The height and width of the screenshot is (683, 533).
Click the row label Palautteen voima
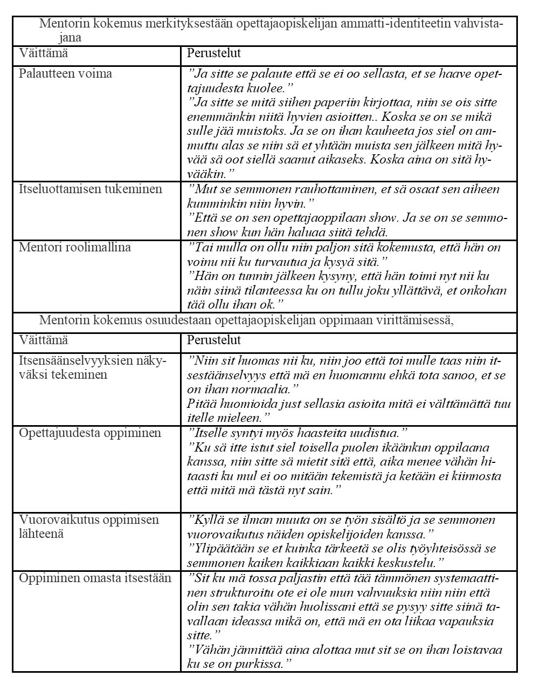(65, 74)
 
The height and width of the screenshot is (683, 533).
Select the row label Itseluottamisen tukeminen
(90, 189)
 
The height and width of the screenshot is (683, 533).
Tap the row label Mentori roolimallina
(75, 248)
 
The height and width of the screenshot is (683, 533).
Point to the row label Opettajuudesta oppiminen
(90, 433)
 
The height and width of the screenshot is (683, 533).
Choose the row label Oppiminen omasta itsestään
(95, 578)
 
